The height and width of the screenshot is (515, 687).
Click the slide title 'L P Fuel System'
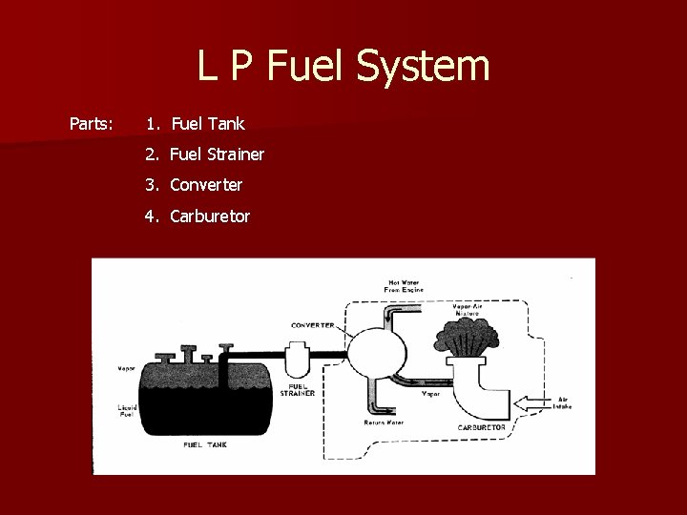point(343,67)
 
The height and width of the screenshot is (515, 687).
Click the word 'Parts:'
point(92,124)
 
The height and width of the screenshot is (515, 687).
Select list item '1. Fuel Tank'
point(196,124)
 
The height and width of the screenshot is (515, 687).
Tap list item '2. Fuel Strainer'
point(205,154)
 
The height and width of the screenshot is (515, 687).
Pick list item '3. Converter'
point(194,185)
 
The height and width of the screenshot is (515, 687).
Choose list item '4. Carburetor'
point(198,216)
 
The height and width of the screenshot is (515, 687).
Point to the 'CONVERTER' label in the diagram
point(311,325)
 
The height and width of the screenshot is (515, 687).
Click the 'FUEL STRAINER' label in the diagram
point(298,390)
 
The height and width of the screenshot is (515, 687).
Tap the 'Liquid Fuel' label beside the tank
point(128,411)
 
